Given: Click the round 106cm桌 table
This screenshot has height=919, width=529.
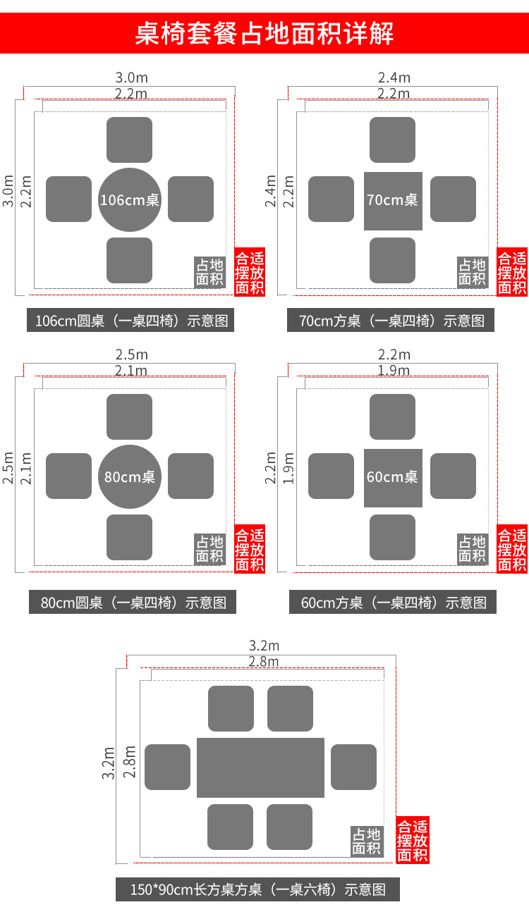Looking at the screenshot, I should click(x=130, y=199).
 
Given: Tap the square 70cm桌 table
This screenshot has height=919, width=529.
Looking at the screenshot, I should click(x=393, y=200).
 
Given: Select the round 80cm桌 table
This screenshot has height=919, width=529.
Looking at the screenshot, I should click(x=130, y=476).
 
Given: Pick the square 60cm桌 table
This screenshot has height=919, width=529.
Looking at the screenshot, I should click(x=393, y=477).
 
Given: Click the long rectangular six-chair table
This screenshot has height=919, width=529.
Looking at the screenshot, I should click(x=260, y=767).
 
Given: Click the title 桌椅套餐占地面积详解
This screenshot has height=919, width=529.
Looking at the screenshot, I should click(x=264, y=33).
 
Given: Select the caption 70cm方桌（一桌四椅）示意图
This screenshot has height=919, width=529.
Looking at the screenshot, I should click(x=391, y=321).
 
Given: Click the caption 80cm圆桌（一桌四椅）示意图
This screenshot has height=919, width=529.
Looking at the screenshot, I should click(x=133, y=603).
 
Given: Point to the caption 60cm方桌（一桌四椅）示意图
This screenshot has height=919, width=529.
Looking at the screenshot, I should click(x=393, y=603).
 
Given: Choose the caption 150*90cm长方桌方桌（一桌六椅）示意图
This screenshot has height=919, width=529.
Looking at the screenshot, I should click(x=257, y=889).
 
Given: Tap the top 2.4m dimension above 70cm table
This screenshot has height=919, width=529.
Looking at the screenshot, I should click(x=394, y=78).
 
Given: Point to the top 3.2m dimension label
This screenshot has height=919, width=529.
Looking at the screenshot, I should click(x=264, y=646).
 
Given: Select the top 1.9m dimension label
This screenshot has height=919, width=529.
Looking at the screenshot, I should click(x=394, y=371).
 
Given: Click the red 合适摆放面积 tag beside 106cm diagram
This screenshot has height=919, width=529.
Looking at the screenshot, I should click(x=250, y=273).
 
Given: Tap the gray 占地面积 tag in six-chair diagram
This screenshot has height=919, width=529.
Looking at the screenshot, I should click(x=367, y=841).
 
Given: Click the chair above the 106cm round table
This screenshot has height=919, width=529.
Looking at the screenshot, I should click(x=130, y=140).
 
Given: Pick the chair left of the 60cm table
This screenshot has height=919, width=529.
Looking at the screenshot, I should click(x=331, y=476).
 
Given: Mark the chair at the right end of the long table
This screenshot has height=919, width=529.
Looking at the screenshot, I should click(x=353, y=767).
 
